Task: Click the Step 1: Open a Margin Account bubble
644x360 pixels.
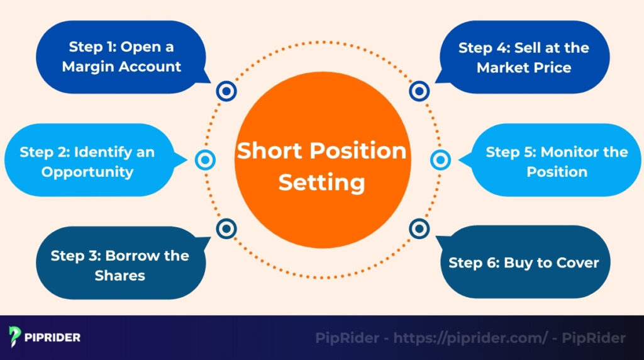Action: pyautogui.click(x=121, y=57)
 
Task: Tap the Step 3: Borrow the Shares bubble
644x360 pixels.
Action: pyautogui.click(x=119, y=265)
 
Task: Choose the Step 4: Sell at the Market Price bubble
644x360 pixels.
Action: pyautogui.click(x=523, y=57)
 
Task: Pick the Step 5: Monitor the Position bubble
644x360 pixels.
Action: pyautogui.click(x=557, y=161)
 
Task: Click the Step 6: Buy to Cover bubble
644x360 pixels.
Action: pyautogui.click(x=523, y=262)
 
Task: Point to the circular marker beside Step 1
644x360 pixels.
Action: pyautogui.click(x=226, y=92)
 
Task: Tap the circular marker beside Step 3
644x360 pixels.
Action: pyautogui.click(x=226, y=228)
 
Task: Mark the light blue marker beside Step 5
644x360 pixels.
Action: pyautogui.click(x=440, y=160)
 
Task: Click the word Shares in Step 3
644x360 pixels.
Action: pyautogui.click(x=119, y=276)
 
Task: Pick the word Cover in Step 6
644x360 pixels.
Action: pyautogui.click(x=577, y=262)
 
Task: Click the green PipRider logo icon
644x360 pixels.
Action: pyautogui.click(x=16, y=337)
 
